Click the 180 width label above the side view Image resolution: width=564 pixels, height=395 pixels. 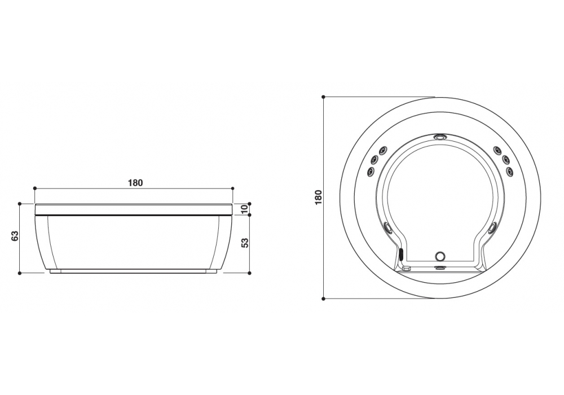coord(135,182)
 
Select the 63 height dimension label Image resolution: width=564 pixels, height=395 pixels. coord(15,236)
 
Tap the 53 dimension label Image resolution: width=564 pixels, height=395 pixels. coord(244,243)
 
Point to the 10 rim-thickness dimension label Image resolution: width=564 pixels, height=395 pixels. coord(244,209)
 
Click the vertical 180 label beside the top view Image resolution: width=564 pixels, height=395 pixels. coord(318,197)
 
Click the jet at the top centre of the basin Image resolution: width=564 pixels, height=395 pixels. coord(440,137)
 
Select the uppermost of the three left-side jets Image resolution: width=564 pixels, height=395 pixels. coord(382,150)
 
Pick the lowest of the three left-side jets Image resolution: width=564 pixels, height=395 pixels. coord(371,170)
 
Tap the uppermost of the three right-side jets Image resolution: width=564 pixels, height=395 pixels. coord(497,150)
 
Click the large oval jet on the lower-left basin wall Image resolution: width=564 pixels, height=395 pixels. coord(388,228)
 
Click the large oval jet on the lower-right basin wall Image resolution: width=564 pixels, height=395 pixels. coord(492,228)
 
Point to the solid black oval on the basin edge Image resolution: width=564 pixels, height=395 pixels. coord(402,254)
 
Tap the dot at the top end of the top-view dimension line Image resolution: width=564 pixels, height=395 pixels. coord(323,97)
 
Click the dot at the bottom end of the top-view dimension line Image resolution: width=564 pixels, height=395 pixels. coord(323,299)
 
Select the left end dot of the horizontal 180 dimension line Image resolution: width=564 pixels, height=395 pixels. coord(35,188)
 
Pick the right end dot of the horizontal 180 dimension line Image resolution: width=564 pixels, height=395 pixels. coord(233,188)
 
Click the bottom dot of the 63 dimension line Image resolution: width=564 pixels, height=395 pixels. coord(20,273)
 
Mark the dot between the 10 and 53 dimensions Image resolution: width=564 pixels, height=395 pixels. coord(249,214)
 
